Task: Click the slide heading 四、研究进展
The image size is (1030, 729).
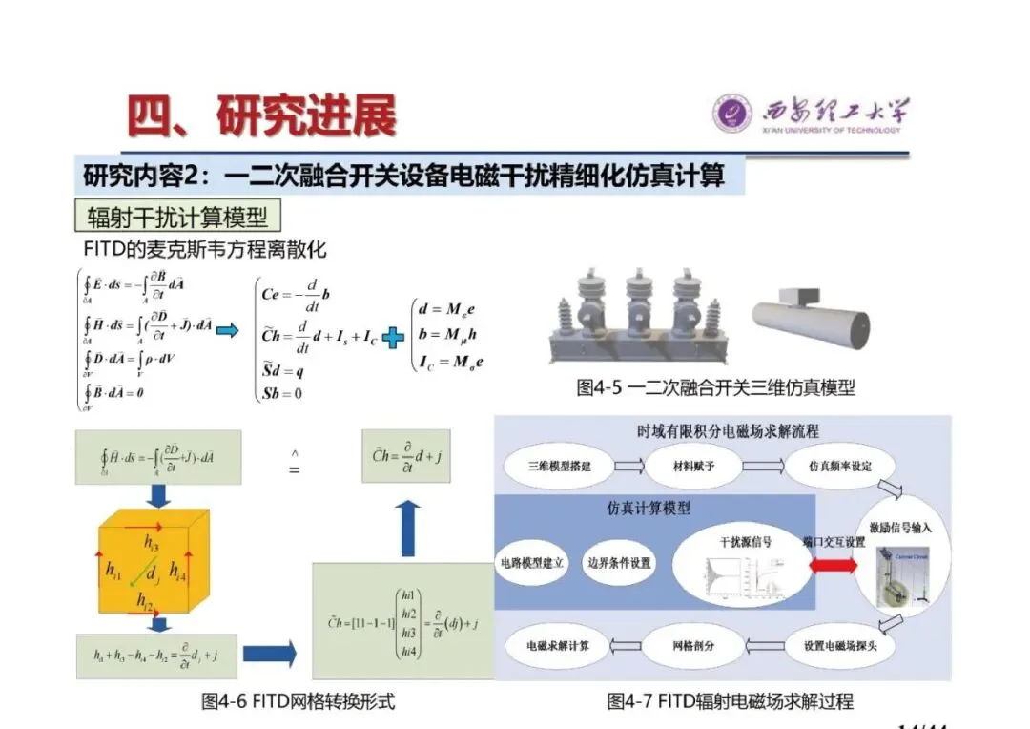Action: point(262,115)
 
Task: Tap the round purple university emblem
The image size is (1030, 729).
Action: point(732,114)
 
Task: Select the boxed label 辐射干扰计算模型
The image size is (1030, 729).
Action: point(177,217)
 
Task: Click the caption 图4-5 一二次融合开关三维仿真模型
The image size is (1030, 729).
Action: point(715,387)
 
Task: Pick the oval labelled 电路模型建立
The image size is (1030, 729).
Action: point(533,562)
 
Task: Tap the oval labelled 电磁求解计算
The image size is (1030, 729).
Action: point(558,646)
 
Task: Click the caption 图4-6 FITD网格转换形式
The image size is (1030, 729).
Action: point(298,702)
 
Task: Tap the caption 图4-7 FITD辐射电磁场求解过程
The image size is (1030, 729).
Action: point(730,702)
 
